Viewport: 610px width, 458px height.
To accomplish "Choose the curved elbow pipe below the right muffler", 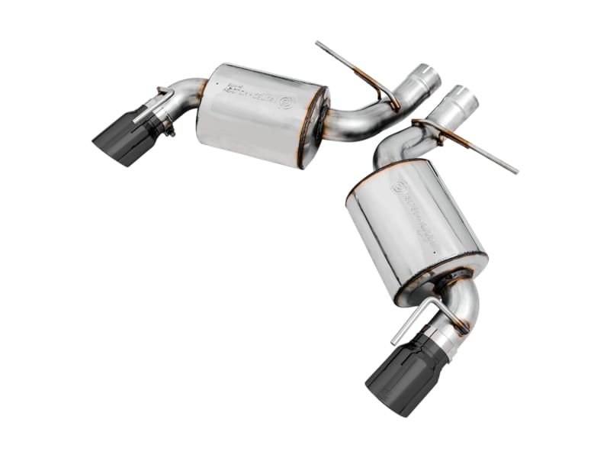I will click(465, 302).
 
